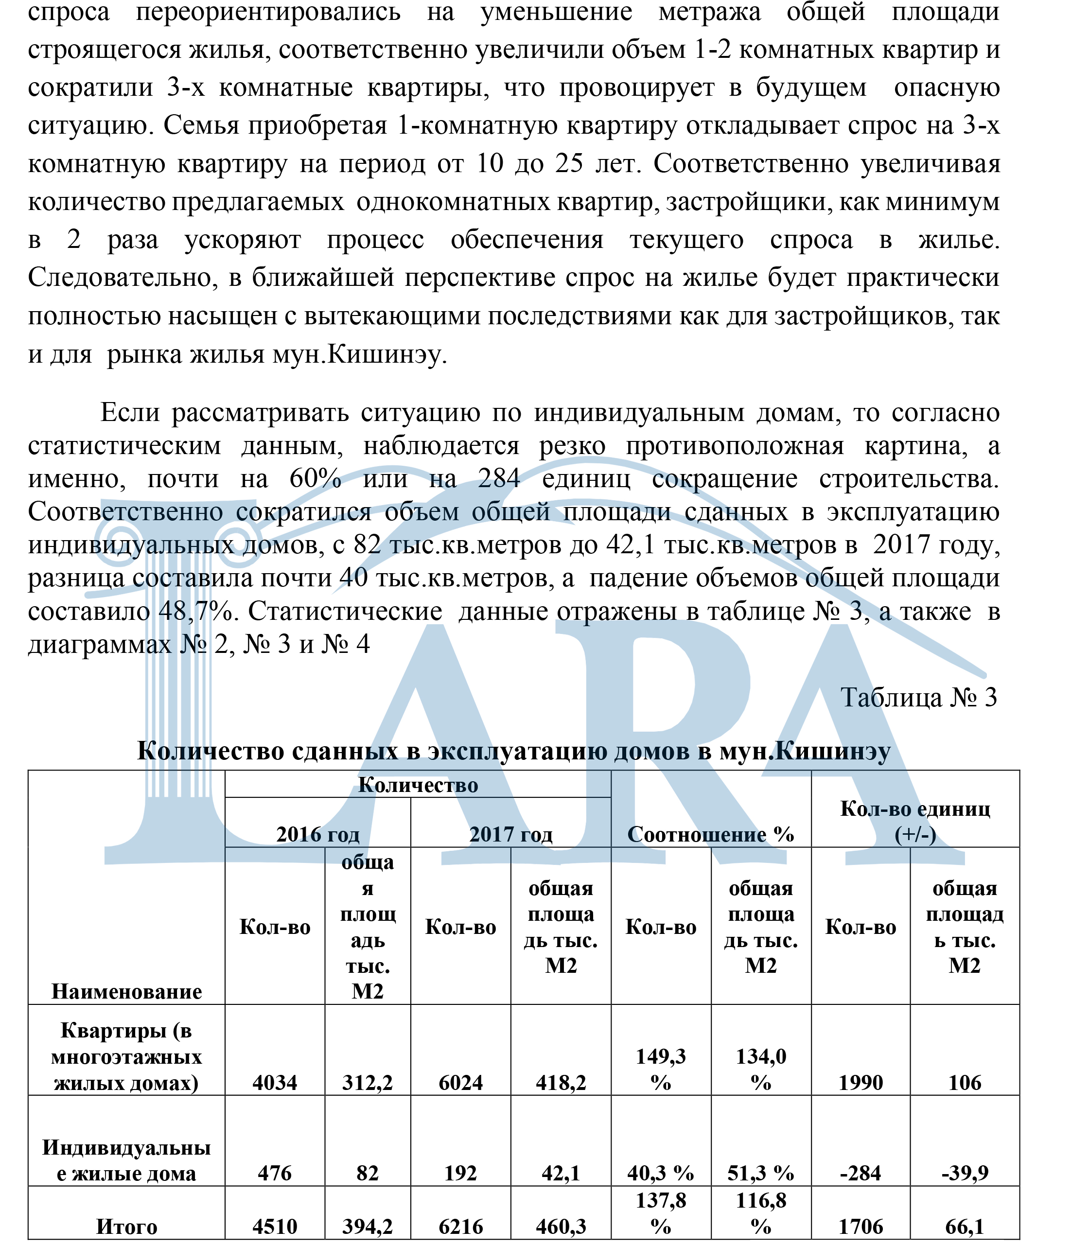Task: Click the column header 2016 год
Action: (317, 834)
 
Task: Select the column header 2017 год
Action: (510, 834)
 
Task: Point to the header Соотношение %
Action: (711, 834)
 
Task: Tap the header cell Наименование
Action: (126, 991)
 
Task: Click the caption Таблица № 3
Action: (918, 698)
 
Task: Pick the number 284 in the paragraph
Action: (499, 478)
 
